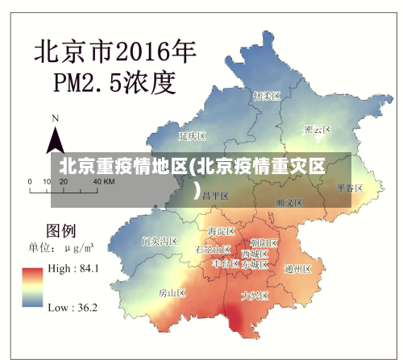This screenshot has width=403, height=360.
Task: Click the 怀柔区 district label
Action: (266, 96)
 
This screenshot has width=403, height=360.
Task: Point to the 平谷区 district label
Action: (350, 188)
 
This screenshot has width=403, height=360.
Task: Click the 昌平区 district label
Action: (215, 196)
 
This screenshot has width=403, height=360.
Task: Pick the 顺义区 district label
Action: (288, 202)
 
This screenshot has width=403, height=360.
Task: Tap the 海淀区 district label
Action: (220, 232)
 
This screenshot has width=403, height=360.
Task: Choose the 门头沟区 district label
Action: (159, 241)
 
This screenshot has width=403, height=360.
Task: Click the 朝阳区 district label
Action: (264, 242)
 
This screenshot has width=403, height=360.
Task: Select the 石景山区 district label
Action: (213, 250)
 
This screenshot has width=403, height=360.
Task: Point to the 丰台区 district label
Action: (226, 263)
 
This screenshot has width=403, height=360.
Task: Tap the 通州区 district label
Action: (298, 269)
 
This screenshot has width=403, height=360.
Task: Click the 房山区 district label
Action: (172, 293)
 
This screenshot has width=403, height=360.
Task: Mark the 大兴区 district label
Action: (255, 296)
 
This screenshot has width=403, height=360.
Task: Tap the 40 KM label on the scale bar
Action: (104, 182)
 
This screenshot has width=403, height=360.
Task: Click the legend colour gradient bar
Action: (33, 288)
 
